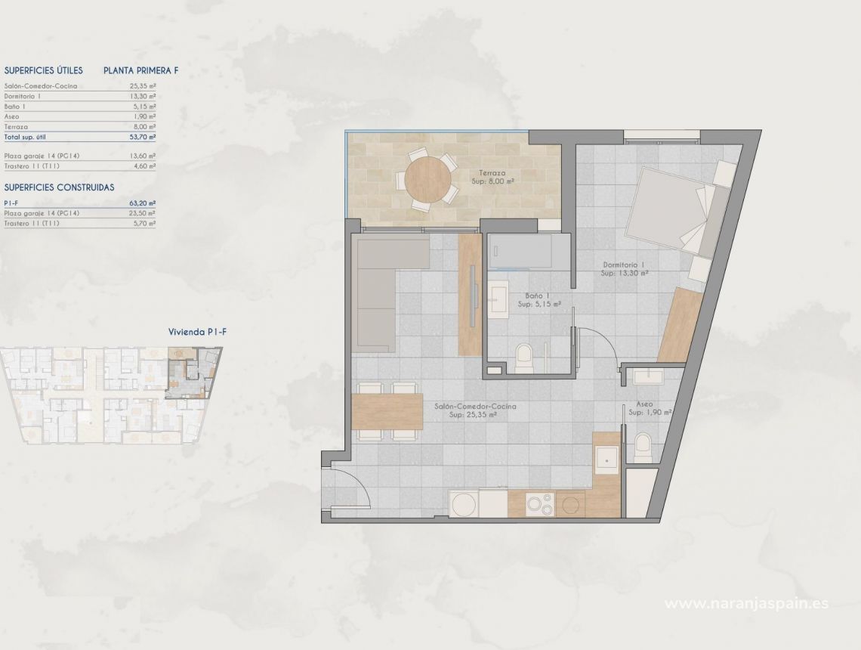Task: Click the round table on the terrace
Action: pos(428,180)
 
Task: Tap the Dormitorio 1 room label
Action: pos(624,265)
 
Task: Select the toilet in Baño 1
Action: pos(523,357)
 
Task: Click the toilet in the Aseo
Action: pos(643,447)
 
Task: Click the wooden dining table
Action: pos(387,410)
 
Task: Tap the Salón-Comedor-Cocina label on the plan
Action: pos(476,407)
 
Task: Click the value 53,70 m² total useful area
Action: pos(142,138)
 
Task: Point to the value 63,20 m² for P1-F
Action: pos(142,203)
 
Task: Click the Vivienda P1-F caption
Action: pos(193,332)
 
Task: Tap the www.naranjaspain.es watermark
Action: pos(746,602)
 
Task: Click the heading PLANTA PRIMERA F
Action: pos(140,70)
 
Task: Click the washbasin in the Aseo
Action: pos(648,376)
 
